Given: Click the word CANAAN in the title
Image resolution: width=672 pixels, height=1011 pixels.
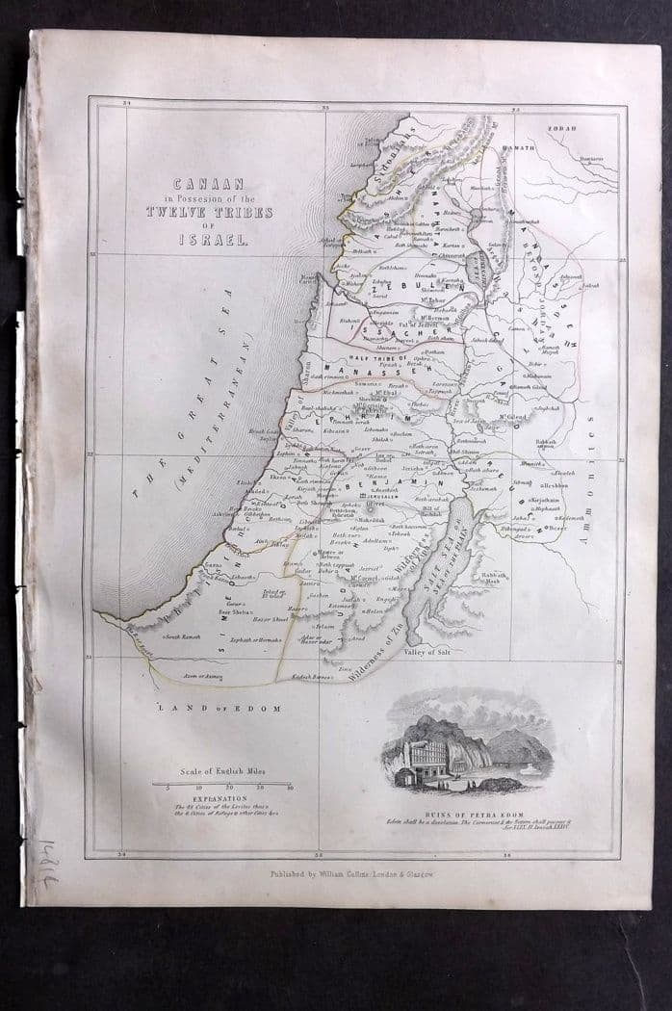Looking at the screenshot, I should tap(208, 182).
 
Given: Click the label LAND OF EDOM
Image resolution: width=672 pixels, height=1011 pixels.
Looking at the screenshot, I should tap(220, 709).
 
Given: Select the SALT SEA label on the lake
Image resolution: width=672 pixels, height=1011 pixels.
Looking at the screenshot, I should tap(430, 570).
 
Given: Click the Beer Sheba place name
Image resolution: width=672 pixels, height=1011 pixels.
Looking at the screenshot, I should tap(236, 610).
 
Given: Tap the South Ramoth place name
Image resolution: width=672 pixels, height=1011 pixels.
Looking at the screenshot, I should tap(184, 636).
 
